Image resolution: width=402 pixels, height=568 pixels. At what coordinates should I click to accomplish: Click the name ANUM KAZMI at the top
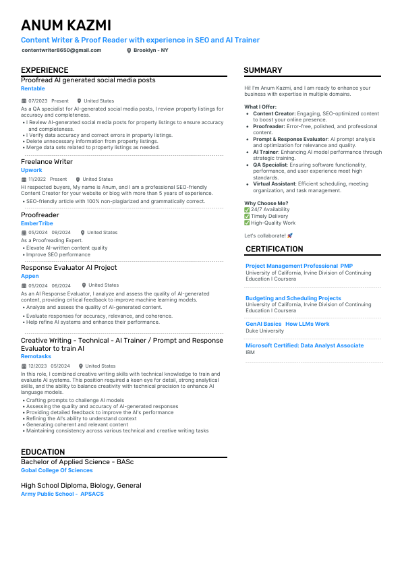[x=66, y=26]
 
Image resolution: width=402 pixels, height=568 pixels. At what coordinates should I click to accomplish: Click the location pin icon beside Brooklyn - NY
[x=129, y=51]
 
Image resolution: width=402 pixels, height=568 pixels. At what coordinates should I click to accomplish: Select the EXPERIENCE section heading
[x=45, y=70]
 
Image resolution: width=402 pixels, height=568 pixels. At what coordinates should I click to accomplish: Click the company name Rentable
[x=33, y=88]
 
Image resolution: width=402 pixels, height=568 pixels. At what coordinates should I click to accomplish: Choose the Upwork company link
[x=32, y=170]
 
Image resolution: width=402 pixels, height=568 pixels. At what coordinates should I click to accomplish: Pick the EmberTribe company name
[x=38, y=223]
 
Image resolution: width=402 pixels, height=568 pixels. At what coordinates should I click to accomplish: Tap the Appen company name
[x=30, y=276]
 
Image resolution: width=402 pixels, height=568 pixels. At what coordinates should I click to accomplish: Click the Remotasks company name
[x=36, y=356]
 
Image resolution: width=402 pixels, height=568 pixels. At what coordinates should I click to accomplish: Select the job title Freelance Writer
[x=47, y=162]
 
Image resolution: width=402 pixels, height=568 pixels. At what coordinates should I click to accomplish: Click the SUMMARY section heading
[x=263, y=70]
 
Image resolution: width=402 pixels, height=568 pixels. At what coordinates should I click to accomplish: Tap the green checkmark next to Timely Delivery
[x=247, y=216]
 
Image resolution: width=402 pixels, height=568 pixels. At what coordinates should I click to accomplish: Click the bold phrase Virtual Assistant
[x=275, y=183]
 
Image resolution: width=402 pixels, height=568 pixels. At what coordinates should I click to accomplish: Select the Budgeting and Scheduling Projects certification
[x=293, y=298]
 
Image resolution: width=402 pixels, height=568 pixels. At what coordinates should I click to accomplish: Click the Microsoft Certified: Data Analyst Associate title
[x=304, y=345]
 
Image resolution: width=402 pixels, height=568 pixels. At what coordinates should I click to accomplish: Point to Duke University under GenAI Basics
[x=265, y=331]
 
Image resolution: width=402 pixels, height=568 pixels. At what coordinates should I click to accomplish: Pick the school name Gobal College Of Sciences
[x=57, y=470]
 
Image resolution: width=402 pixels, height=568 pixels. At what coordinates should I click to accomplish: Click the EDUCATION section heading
[x=43, y=452]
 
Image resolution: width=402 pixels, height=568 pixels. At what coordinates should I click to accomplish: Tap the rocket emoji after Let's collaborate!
[x=290, y=235]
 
